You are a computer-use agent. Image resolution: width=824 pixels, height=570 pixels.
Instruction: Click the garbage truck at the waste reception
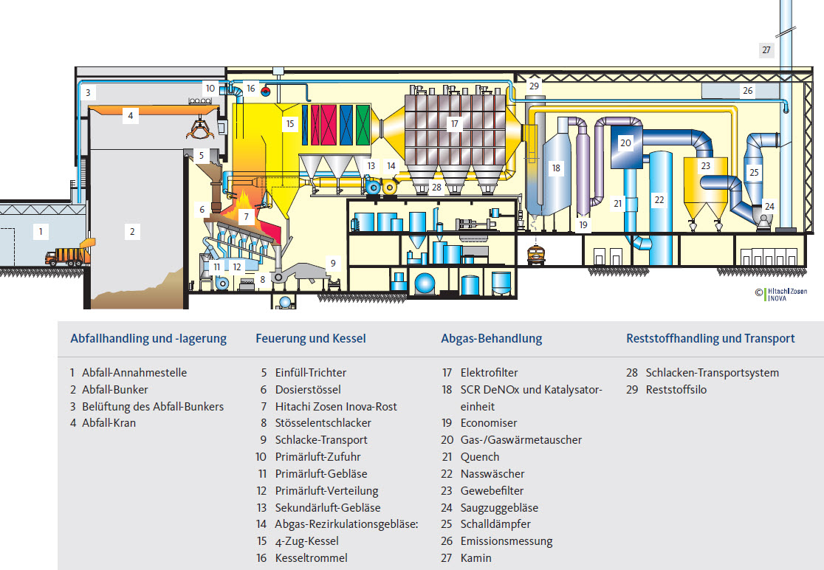pyautogui.click(x=67, y=256)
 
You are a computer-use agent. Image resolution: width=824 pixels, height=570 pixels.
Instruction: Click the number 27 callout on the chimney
pyautogui.click(x=766, y=50)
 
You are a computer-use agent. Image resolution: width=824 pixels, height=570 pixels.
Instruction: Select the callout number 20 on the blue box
pyautogui.click(x=625, y=142)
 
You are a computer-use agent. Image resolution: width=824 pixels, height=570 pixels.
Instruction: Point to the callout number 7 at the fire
pyautogui.click(x=247, y=217)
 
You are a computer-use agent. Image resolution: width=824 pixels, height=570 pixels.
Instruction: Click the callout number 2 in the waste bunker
pyautogui.click(x=132, y=232)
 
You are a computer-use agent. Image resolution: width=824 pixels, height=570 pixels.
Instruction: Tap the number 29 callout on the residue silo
pyautogui.click(x=534, y=86)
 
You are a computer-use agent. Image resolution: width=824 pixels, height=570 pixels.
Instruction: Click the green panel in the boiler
pyautogui.click(x=362, y=124)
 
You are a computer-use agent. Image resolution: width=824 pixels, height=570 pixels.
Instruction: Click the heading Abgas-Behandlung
pyautogui.click(x=491, y=339)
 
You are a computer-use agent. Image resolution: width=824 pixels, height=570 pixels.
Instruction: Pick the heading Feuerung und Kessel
pyautogui.click(x=310, y=339)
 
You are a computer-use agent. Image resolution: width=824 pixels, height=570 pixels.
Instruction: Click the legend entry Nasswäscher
pyautogui.click(x=492, y=474)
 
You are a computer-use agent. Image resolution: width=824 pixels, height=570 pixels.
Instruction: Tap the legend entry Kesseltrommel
pyautogui.click(x=310, y=558)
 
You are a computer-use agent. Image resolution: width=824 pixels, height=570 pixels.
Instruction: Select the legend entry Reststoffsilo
pyautogui.click(x=676, y=390)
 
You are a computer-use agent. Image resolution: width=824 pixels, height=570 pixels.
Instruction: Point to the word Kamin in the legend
pyautogui.click(x=475, y=558)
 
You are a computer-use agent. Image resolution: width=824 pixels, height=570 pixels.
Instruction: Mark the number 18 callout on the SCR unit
pyautogui.click(x=556, y=168)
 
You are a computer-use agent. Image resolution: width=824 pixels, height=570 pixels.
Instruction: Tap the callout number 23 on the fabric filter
pyautogui.click(x=705, y=166)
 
